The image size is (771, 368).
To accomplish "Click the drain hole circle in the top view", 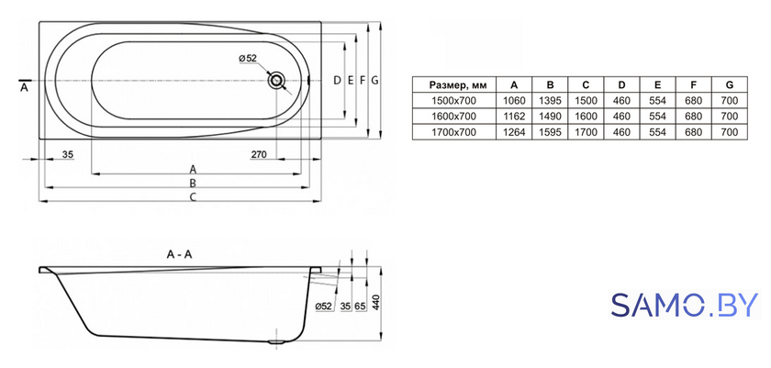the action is (x=276, y=80).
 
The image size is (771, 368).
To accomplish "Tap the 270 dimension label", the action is (x=259, y=155).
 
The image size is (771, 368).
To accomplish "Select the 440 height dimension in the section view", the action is (x=376, y=304).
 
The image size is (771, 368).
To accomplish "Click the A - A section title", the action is (x=180, y=254).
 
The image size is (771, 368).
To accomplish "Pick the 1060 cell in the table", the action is (x=514, y=101).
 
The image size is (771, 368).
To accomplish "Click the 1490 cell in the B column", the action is (x=550, y=117).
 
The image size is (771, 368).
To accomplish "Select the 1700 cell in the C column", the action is (x=586, y=132).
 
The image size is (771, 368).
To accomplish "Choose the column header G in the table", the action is (x=729, y=85).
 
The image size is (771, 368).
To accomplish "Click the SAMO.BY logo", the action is (x=686, y=305).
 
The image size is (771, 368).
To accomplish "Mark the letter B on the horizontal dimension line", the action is (x=194, y=184).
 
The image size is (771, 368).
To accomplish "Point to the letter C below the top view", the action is (x=194, y=197).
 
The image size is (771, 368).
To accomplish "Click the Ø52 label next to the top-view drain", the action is (x=248, y=58).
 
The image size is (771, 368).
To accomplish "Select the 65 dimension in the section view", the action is (x=360, y=307).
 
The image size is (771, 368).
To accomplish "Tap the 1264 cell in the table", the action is (x=514, y=132).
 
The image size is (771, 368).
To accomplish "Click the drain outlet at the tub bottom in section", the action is (x=276, y=343).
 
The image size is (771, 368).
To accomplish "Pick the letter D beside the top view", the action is (x=337, y=80).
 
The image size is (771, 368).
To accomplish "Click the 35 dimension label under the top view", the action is (x=68, y=155).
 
